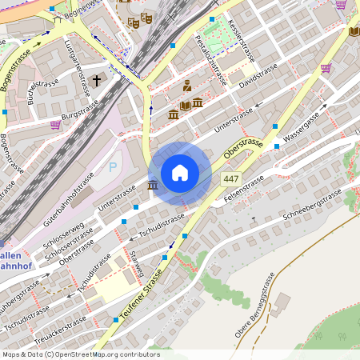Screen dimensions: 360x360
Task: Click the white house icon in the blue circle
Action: (x=180, y=173)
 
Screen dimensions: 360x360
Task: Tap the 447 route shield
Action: (x=232, y=178)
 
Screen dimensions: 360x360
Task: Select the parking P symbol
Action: (x=113, y=167)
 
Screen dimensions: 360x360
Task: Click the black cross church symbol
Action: (x=97, y=81)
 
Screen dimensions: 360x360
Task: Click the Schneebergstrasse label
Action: (x=316, y=205)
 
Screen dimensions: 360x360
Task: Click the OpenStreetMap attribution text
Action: (x=81, y=354)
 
